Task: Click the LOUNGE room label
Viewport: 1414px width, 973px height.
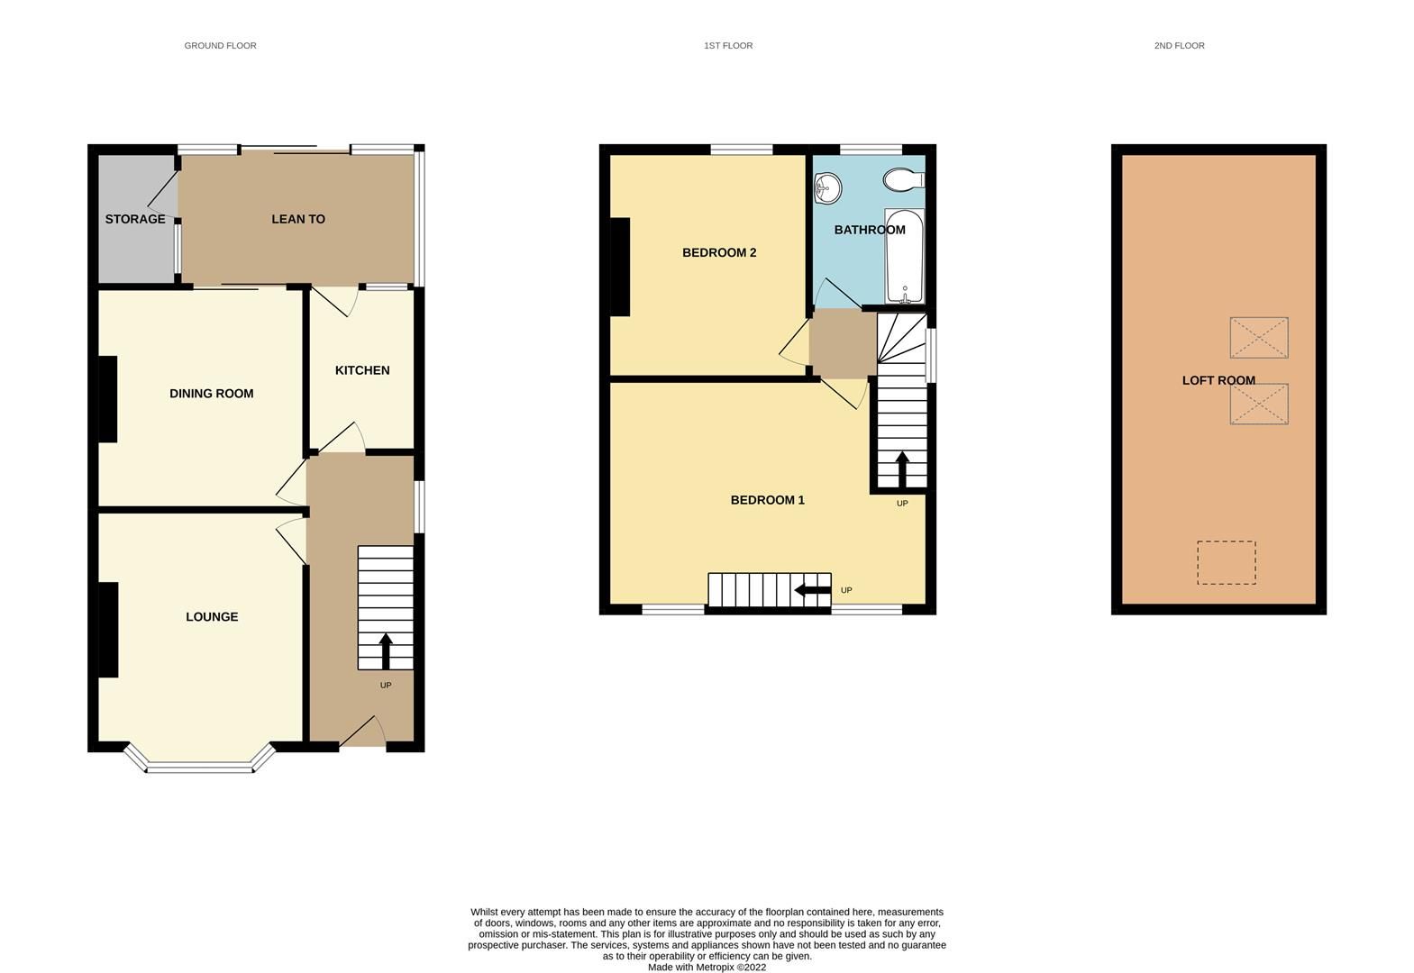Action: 212,617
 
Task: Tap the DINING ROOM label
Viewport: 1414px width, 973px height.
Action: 212,394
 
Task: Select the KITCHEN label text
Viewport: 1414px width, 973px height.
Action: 362,370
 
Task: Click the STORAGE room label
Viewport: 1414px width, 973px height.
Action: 135,219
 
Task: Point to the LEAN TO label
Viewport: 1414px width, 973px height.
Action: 298,219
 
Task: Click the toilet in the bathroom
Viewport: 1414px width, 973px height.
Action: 902,180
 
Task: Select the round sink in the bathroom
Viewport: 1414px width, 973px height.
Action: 826,188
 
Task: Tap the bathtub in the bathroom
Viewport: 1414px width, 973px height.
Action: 904,257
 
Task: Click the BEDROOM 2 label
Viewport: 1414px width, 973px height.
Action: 719,252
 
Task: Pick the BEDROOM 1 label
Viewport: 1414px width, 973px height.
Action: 767,500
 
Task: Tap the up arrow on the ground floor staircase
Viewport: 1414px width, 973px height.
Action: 386,650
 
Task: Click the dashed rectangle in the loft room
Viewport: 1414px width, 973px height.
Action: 1226,562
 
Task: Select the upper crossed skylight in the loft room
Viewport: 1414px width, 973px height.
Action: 1258,338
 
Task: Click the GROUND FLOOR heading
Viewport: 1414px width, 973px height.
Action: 220,45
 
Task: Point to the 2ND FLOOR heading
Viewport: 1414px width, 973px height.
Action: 1179,45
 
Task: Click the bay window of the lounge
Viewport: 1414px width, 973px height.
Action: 200,767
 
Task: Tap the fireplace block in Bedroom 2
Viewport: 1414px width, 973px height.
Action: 620,267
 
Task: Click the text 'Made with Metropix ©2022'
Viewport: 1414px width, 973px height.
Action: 707,968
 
